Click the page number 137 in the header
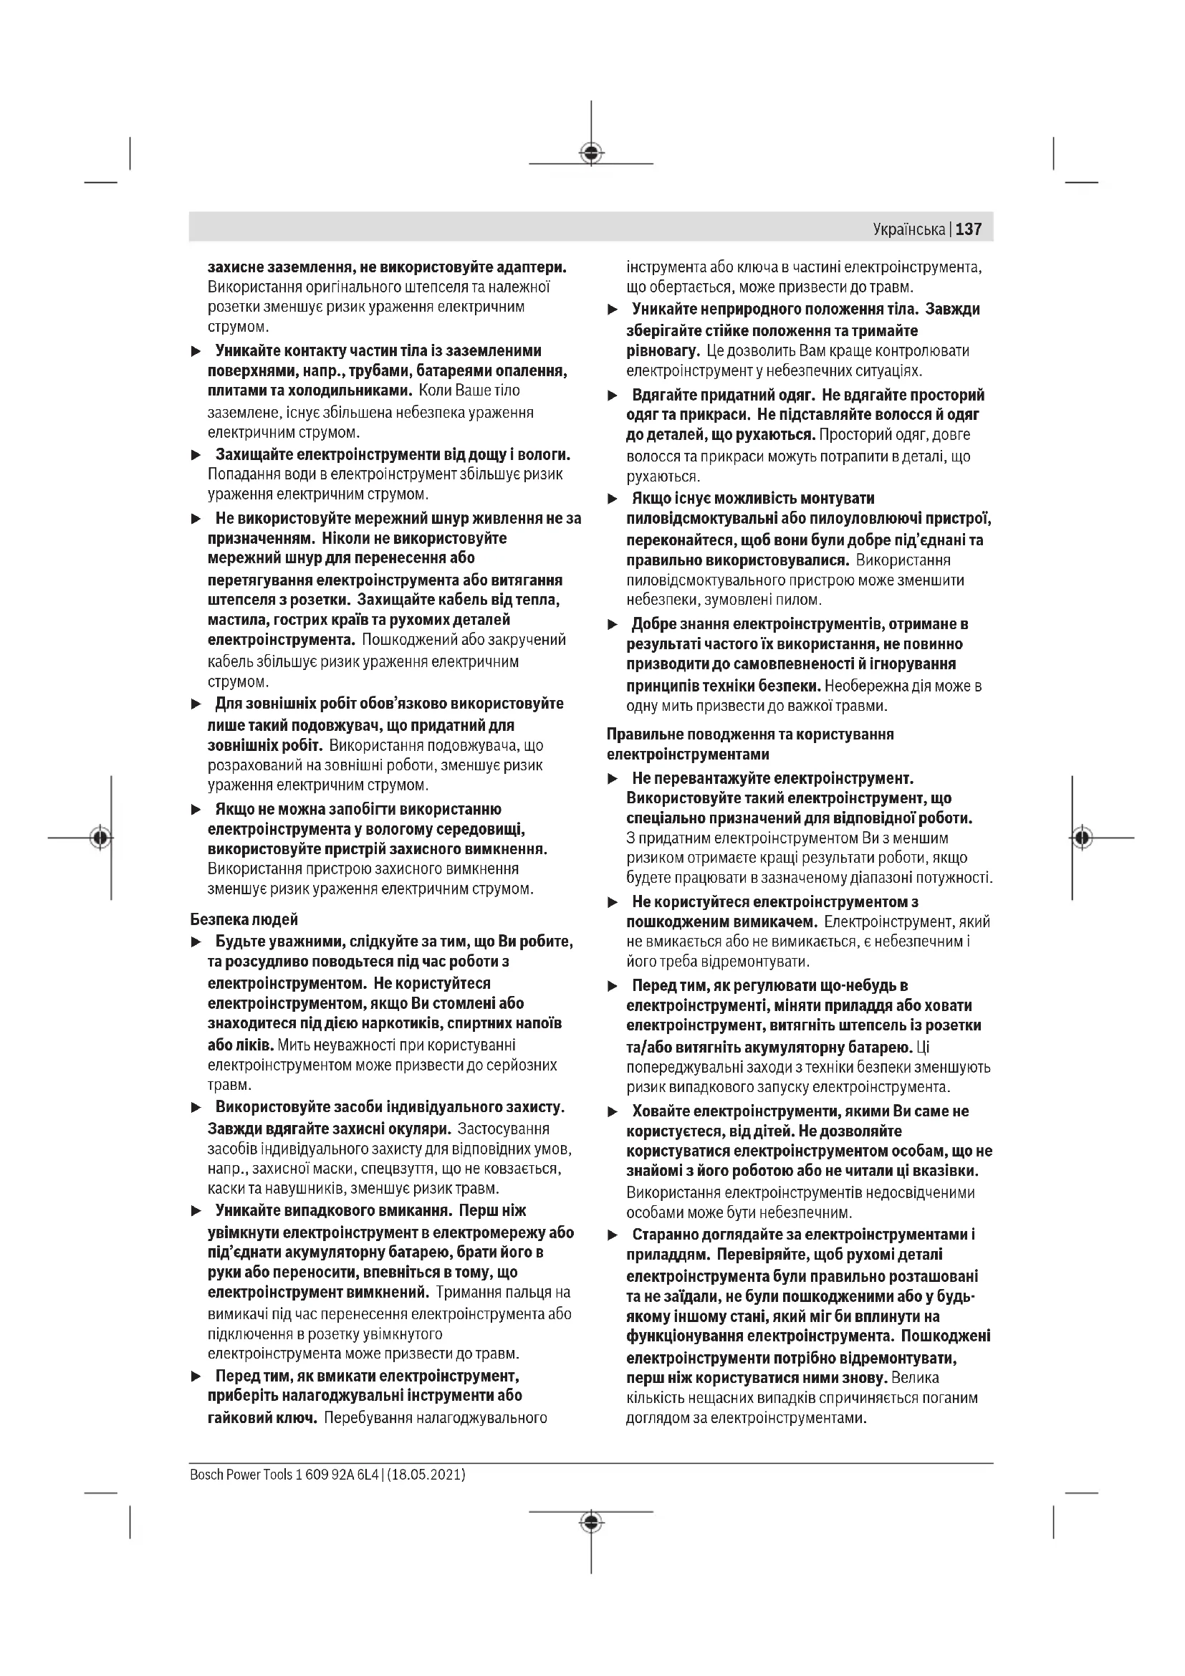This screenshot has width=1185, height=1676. tap(969, 229)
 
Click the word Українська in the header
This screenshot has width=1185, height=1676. tap(908, 230)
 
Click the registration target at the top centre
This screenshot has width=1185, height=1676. tap(591, 153)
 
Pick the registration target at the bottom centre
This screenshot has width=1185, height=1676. tap(591, 1521)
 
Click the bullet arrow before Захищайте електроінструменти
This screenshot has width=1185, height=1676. tap(196, 456)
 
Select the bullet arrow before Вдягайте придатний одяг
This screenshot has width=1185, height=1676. tap(613, 396)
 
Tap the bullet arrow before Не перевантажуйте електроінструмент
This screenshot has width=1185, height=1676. tap(613, 780)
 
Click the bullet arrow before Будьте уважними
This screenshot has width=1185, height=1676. tap(196, 942)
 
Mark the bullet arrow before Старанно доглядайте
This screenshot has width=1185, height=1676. tap(613, 1235)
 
